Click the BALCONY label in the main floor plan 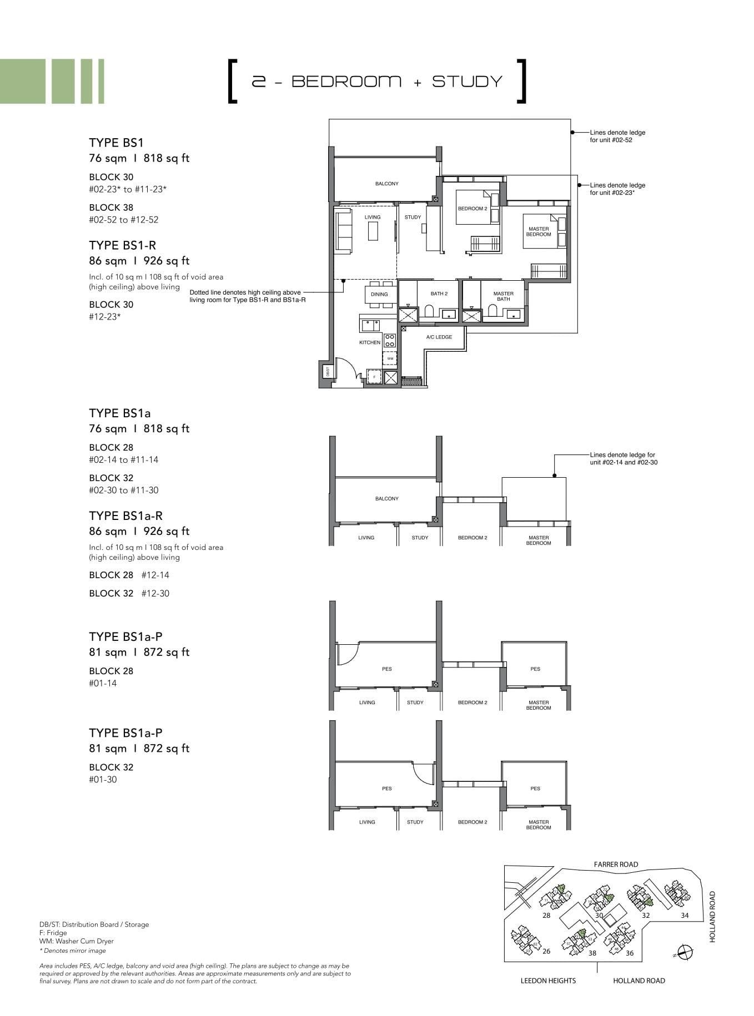(386, 184)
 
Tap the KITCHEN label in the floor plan (370, 342)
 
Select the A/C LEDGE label (439, 337)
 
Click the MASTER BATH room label (503, 296)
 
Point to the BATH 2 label (439, 294)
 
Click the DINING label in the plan (379, 294)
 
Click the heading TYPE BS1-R (122, 245)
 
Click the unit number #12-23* (105, 317)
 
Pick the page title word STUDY (467, 82)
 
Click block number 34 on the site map (685, 916)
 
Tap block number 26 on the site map (546, 951)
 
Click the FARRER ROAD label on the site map (616, 864)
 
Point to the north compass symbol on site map (686, 952)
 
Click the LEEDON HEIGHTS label (547, 980)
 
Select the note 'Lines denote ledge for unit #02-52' (617, 136)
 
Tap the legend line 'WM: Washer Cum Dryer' (76, 941)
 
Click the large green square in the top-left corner (23, 81)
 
